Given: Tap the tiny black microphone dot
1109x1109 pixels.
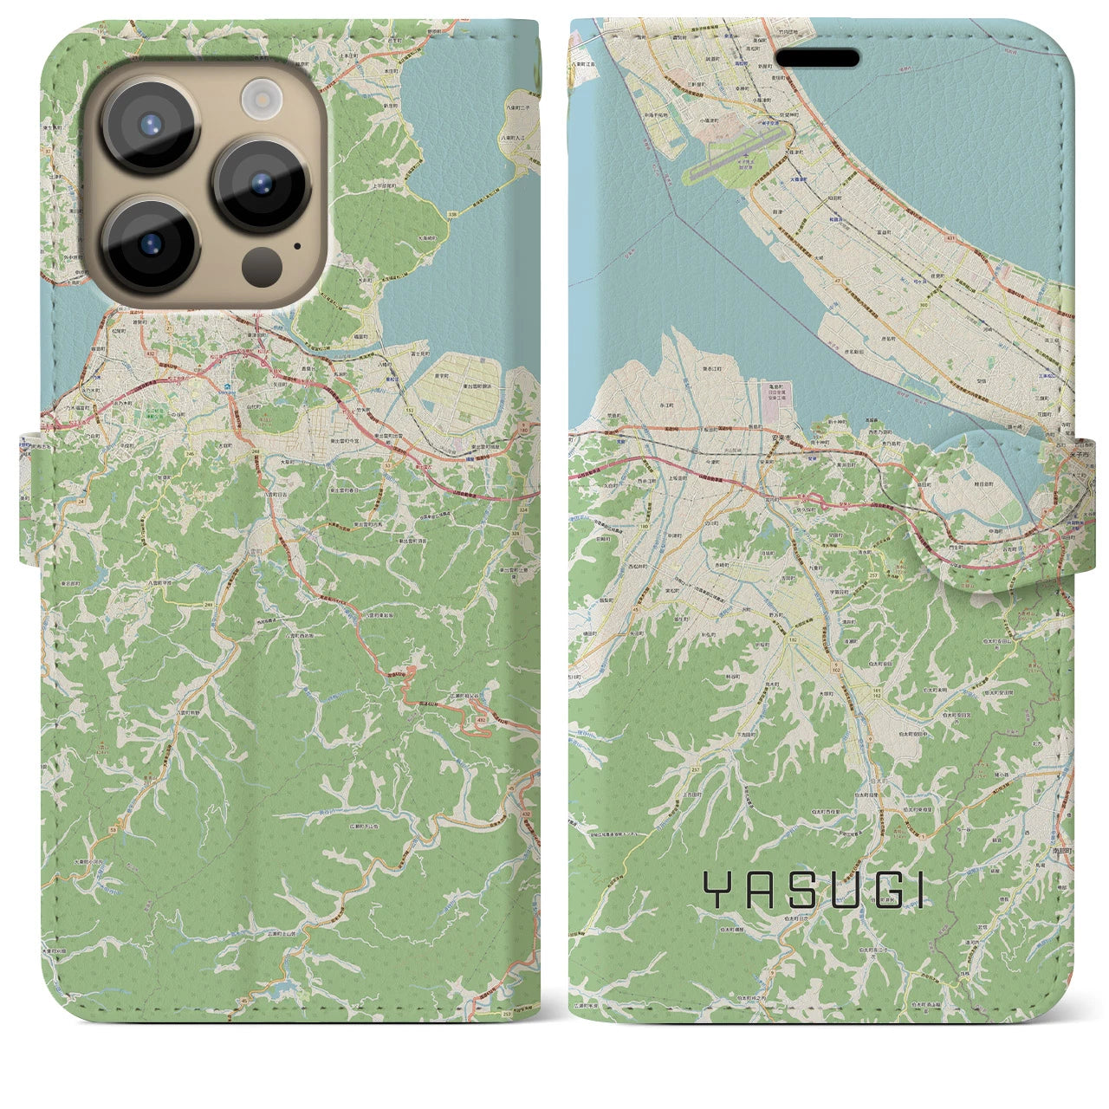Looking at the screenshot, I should pos(297,245).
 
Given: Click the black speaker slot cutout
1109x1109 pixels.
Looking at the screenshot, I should pos(817,58).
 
